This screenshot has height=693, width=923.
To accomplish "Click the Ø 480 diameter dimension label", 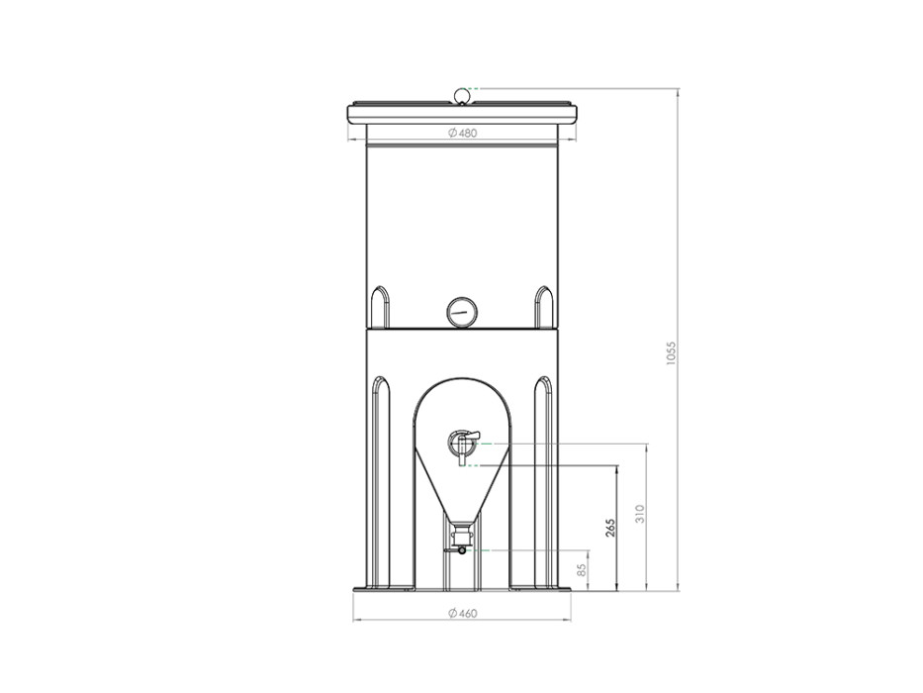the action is [x=462, y=134].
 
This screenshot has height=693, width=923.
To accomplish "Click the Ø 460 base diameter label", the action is [x=462, y=614].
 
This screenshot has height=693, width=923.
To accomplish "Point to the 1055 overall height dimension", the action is [x=673, y=353].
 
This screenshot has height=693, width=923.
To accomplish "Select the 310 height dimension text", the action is [x=641, y=513].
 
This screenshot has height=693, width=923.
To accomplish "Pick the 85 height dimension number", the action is [x=582, y=570].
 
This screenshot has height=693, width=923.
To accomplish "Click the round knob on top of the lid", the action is [x=462, y=95].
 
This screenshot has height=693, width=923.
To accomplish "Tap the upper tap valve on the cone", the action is [x=461, y=444].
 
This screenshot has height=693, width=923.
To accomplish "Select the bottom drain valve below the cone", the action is [x=460, y=542].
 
